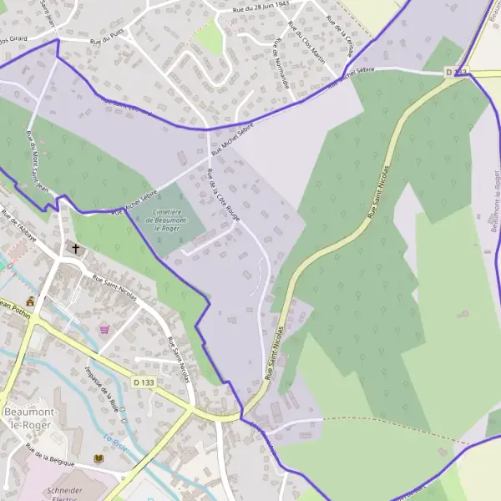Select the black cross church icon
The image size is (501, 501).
click(77, 249)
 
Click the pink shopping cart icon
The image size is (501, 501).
click(104, 330)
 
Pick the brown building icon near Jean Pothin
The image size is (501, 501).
click(31, 301)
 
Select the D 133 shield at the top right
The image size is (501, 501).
click(455, 73)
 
